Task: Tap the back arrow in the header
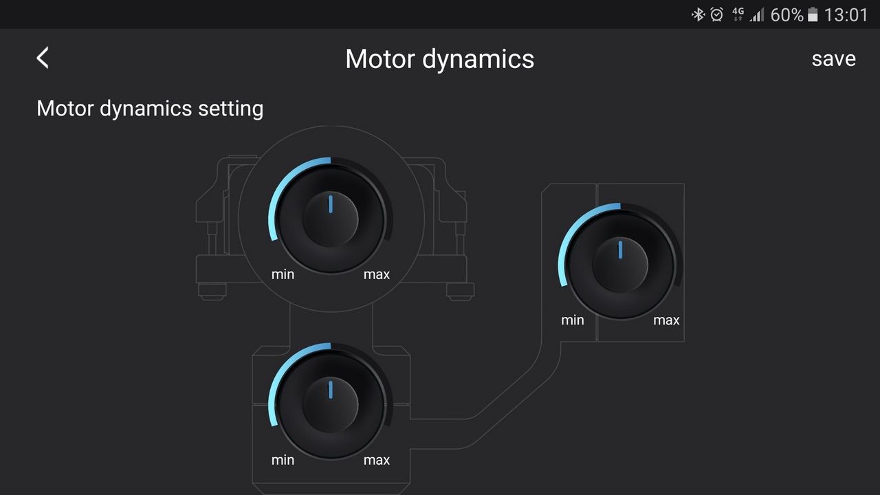[43, 58]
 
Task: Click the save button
[834, 59]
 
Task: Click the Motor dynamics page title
[439, 59]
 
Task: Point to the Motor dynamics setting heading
[150, 109]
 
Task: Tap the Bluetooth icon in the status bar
[698, 15]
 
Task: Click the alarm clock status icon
[716, 15]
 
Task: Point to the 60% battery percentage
[786, 15]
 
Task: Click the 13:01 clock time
[846, 15]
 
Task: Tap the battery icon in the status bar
[813, 15]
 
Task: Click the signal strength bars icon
[757, 15]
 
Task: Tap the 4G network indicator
[738, 14]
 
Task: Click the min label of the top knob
[283, 274]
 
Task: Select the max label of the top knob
[376, 274]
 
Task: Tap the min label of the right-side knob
[572, 320]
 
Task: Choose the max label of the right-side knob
[666, 320]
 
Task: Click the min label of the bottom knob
[283, 460]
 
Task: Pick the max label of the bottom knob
[376, 460]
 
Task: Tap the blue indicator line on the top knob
[331, 204]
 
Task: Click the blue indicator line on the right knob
[620, 250]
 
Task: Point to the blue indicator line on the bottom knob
[331, 390]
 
